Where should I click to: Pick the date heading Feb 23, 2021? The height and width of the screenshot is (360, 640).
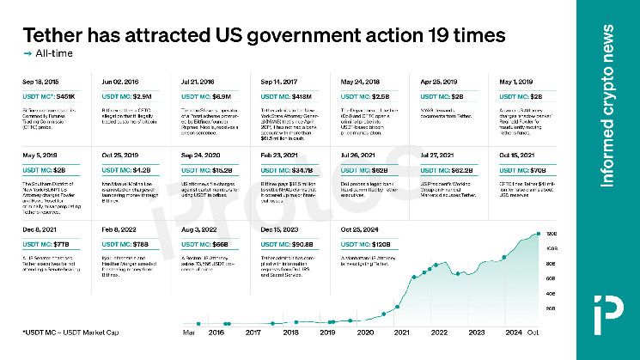279,156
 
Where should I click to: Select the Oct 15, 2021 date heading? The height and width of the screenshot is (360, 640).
518,156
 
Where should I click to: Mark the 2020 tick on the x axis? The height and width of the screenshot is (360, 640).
366,331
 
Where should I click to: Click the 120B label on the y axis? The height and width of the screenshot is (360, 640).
551,234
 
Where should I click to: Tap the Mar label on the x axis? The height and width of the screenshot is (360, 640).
188,331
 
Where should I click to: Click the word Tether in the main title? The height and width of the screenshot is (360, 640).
56,36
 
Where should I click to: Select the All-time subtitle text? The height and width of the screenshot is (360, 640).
54,54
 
